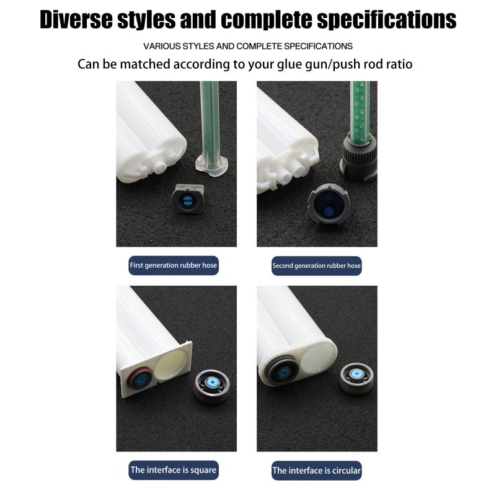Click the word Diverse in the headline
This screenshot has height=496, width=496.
76,20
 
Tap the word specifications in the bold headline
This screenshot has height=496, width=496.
386,20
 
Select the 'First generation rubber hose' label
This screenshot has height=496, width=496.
174,265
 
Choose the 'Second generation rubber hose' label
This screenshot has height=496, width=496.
316,266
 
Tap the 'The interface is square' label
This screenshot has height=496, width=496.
174,470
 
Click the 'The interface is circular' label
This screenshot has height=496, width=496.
316,471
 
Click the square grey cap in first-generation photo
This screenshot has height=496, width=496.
188,198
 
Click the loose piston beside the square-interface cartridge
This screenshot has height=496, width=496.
211,386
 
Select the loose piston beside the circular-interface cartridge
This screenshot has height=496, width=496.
357,378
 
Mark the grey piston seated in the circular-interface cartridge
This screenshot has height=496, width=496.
283,371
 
